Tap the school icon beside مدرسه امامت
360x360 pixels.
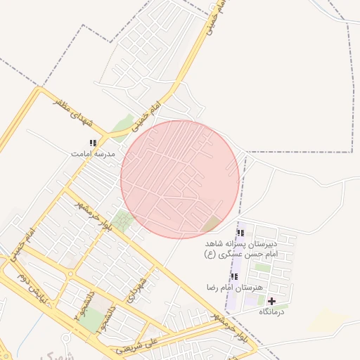tap(93, 143)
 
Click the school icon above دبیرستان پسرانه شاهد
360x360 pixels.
tap(240, 233)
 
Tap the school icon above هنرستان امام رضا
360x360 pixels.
tap(233, 276)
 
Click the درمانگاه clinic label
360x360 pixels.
tap(271, 311)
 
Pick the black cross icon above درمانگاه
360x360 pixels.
tap(271, 301)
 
